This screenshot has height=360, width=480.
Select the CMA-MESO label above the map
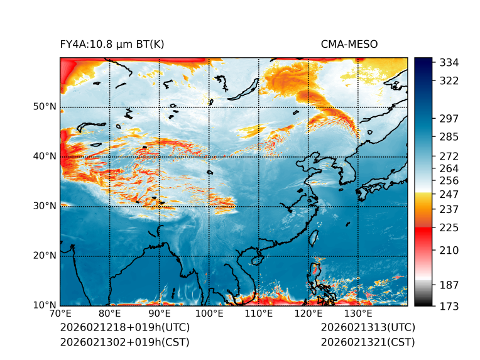[x=349, y=44]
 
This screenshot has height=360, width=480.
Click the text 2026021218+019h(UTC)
[x=124, y=328]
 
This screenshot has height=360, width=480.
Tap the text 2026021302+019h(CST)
[x=124, y=342]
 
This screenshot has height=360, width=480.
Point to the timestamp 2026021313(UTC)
[x=368, y=328]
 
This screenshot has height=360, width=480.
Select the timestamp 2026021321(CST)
[x=368, y=342]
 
